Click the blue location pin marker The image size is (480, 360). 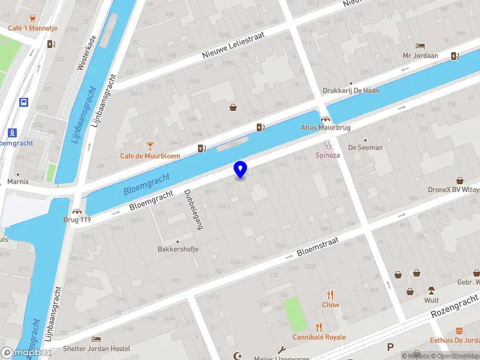pyautogui.click(x=240, y=169)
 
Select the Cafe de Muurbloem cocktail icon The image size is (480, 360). pyautogui.click(x=150, y=145)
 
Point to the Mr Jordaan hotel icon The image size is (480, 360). pyautogui.click(x=420, y=46)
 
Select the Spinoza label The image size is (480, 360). pyautogui.click(x=328, y=155)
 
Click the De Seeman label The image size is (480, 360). pyautogui.click(x=365, y=148)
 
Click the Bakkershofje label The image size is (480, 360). pyautogui.click(x=178, y=249)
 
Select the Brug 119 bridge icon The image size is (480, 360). pyautogui.click(x=77, y=211)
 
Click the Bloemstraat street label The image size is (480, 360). pyautogui.click(x=318, y=246)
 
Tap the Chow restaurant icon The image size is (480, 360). pyautogui.click(x=330, y=294)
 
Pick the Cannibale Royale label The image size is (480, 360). pyautogui.click(x=319, y=337)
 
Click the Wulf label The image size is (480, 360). pyautogui.click(x=431, y=300)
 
